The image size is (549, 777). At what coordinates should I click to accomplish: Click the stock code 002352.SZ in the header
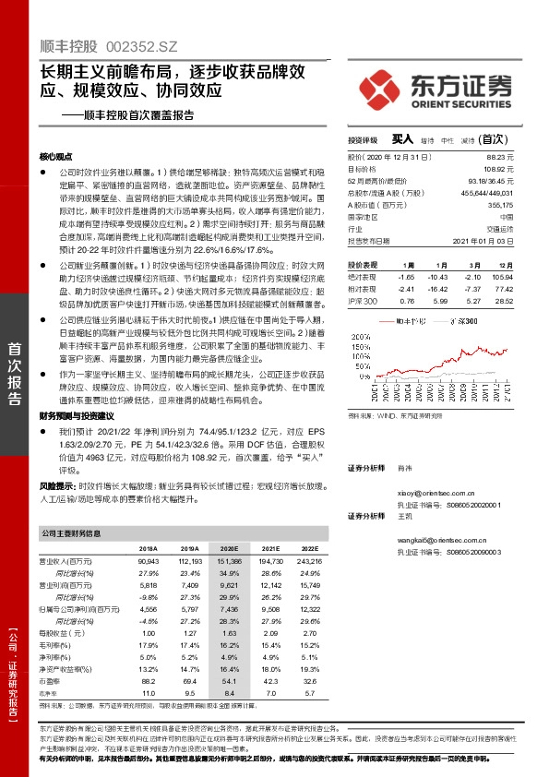pos(142,44)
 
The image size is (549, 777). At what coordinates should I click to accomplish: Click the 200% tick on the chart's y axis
pos(354,322)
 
